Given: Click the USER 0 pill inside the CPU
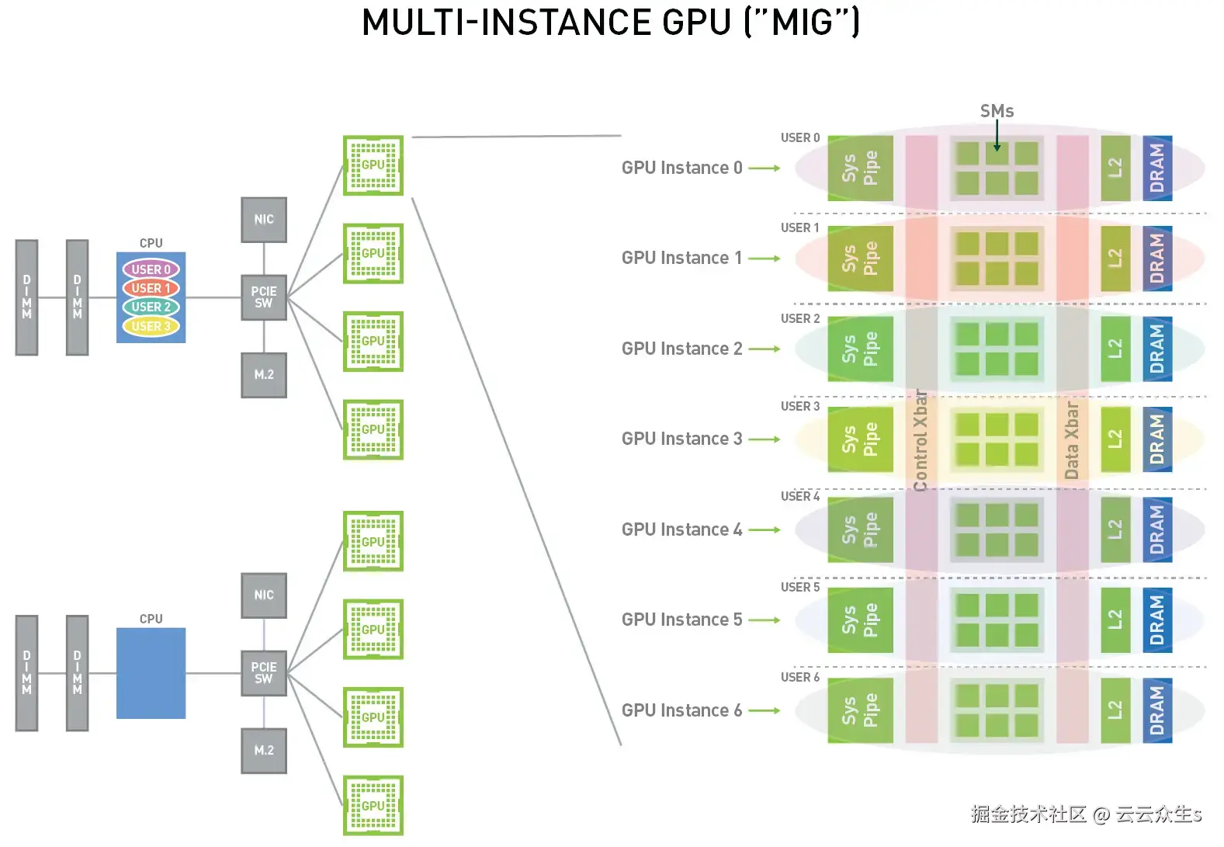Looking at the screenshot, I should pyautogui.click(x=151, y=269).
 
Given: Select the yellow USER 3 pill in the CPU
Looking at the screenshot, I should pyautogui.click(x=151, y=326).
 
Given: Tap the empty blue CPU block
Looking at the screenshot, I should pyautogui.click(x=151, y=673).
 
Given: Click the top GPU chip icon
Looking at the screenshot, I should pyautogui.click(x=373, y=165).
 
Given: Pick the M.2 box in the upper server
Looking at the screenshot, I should pyautogui.click(x=264, y=375).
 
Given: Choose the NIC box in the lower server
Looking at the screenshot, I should pyautogui.click(x=264, y=595).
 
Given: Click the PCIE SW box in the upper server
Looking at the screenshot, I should pyautogui.click(x=264, y=297).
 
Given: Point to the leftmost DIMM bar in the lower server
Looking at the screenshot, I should pyautogui.click(x=27, y=673).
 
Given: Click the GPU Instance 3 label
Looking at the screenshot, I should pyautogui.click(x=681, y=439).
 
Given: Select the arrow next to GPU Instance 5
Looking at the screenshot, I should pyautogui.click(x=765, y=620).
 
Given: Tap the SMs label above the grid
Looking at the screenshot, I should pyautogui.click(x=997, y=112).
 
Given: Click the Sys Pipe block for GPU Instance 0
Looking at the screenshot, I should pyautogui.click(x=860, y=168).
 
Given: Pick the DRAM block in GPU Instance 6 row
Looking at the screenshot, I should pyautogui.click(x=1157, y=710).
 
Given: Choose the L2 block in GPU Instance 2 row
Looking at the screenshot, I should pyautogui.click(x=1115, y=349).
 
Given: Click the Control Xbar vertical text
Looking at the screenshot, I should pyautogui.click(x=921, y=440).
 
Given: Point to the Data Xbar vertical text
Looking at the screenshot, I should pyautogui.click(x=1072, y=440).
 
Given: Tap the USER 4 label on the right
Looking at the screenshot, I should pyautogui.click(x=799, y=497).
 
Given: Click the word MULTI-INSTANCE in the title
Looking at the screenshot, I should pyautogui.click(x=508, y=23).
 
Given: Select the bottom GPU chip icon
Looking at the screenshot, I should pyautogui.click(x=373, y=806).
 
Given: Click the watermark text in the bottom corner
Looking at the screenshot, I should pyautogui.click(x=1085, y=814).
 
